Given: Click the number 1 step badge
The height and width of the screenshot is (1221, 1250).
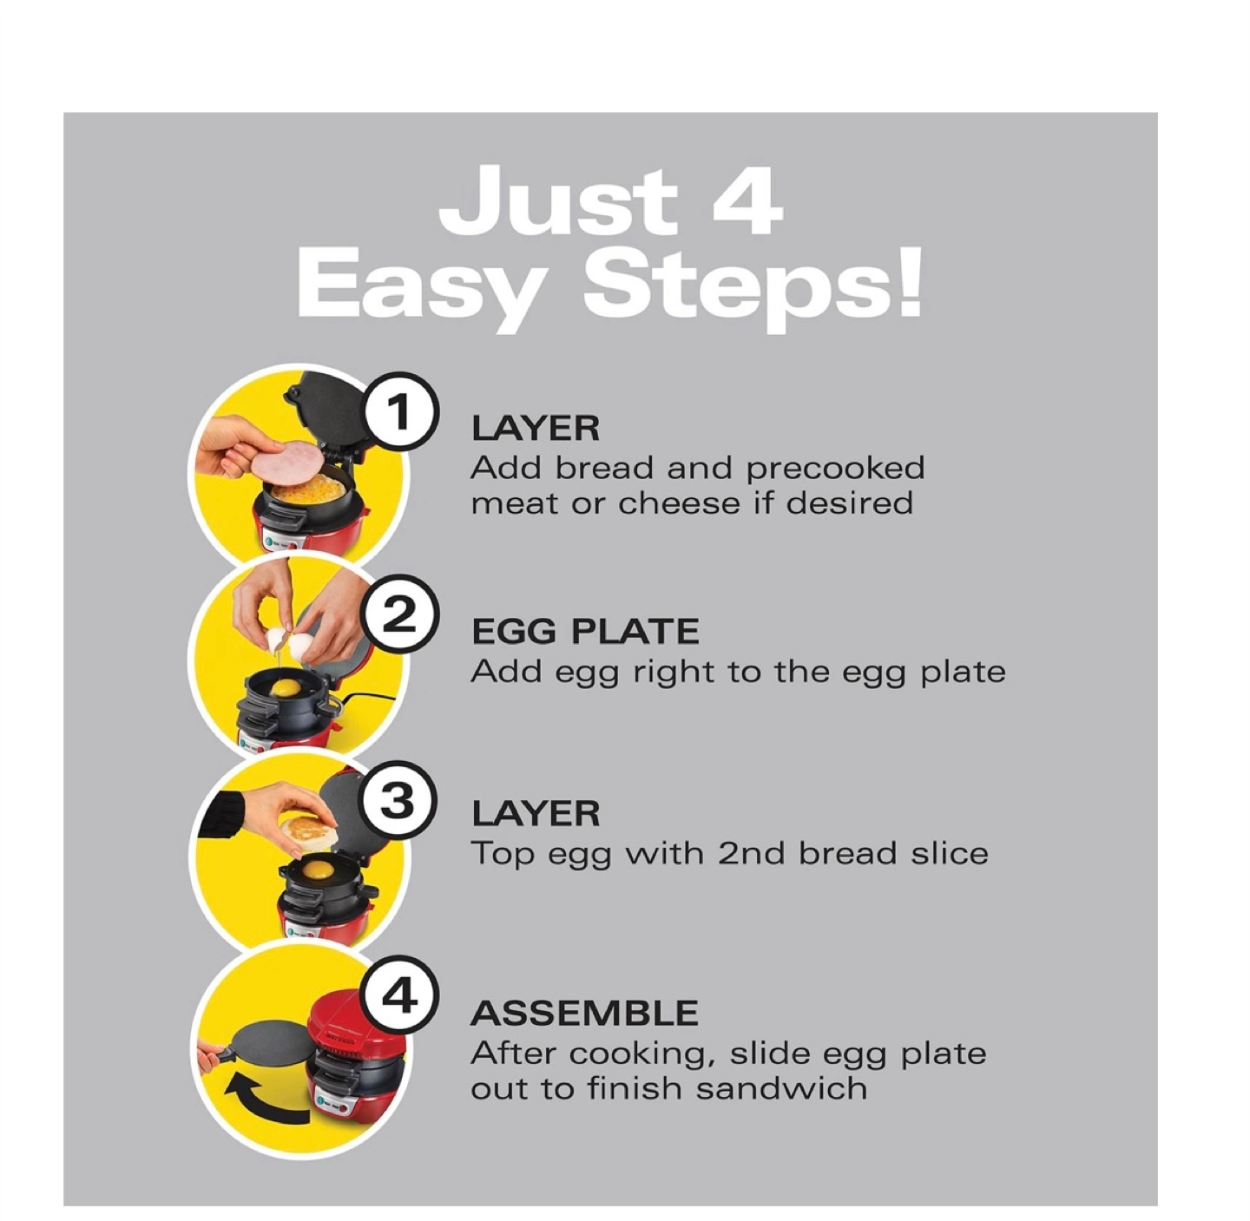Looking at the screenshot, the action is click(400, 411).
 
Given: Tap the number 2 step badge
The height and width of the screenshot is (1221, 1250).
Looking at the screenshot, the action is click(399, 614).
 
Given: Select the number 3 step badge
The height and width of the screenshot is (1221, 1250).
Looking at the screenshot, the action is click(399, 802).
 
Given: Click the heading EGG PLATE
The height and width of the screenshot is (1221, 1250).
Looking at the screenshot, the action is click(585, 632).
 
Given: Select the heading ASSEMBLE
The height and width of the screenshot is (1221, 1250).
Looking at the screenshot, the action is click(584, 1014).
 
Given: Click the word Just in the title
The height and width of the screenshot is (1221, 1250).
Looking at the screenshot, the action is click(558, 200).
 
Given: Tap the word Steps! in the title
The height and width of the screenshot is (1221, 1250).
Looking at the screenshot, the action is click(752, 286).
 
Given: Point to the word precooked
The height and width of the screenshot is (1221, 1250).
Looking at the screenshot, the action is click(835, 469).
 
